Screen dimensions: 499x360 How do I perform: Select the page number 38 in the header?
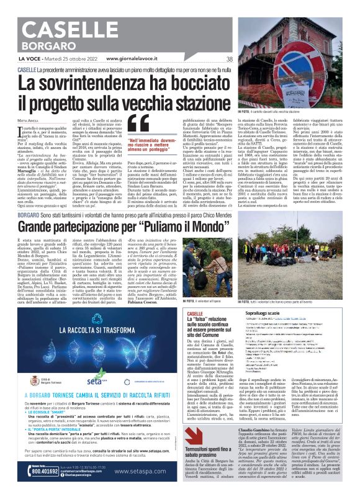pyautogui.click(x=230, y=59)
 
